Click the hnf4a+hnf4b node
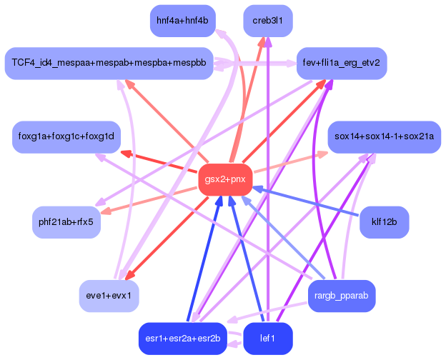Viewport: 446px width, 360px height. point(182,21)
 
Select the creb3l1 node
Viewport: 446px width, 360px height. point(267,21)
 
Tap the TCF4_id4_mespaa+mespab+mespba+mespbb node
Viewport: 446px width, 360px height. point(108,63)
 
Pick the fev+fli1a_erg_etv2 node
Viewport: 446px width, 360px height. point(341,63)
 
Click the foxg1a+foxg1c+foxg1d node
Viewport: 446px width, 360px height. point(66,136)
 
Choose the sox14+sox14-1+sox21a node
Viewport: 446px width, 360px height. point(384,136)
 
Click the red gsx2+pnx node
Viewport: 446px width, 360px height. point(225,179)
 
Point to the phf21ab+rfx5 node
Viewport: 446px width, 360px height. point(66,222)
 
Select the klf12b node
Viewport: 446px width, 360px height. point(384,222)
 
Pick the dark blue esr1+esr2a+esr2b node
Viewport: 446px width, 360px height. point(182,338)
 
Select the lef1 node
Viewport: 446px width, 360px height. point(267,338)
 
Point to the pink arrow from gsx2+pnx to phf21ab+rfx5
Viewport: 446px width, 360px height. point(150,199)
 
